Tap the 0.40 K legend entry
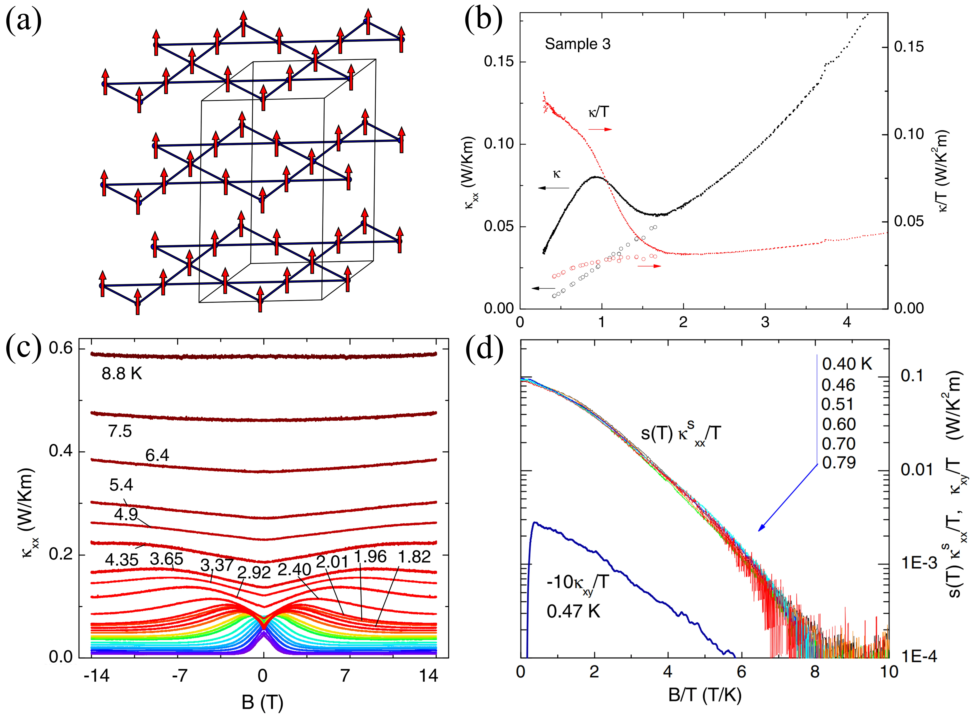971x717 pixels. [x=847, y=364]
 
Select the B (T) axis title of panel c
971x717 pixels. [x=262, y=702]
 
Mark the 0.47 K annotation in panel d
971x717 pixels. [x=573, y=611]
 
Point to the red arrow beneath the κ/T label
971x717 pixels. [x=600, y=129]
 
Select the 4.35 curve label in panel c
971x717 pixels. [x=122, y=560]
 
